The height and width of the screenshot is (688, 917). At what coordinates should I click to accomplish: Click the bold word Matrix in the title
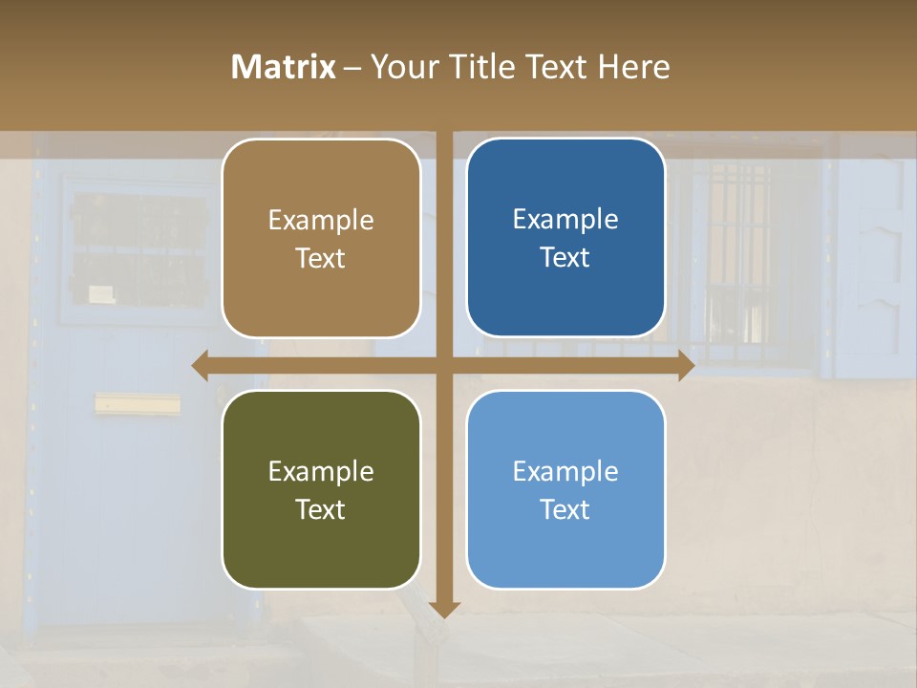pyautogui.click(x=284, y=67)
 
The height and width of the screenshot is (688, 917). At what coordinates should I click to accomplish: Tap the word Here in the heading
pyautogui.click(x=633, y=67)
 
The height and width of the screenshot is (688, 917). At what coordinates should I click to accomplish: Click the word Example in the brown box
pyautogui.click(x=321, y=221)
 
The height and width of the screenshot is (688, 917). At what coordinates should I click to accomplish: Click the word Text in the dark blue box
pyautogui.click(x=565, y=258)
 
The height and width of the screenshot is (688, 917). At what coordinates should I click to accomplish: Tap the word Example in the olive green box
pyautogui.click(x=321, y=471)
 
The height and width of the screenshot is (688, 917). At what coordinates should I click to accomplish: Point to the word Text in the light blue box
pyautogui.click(x=565, y=509)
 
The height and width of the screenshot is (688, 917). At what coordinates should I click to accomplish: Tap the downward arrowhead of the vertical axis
pyautogui.click(x=444, y=609)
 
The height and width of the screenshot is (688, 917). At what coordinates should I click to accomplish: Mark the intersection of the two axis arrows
pyautogui.click(x=444, y=366)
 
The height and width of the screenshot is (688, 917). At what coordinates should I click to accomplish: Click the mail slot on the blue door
pyautogui.click(x=137, y=405)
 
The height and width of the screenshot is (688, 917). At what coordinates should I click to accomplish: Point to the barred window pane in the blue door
pyautogui.click(x=139, y=250)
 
